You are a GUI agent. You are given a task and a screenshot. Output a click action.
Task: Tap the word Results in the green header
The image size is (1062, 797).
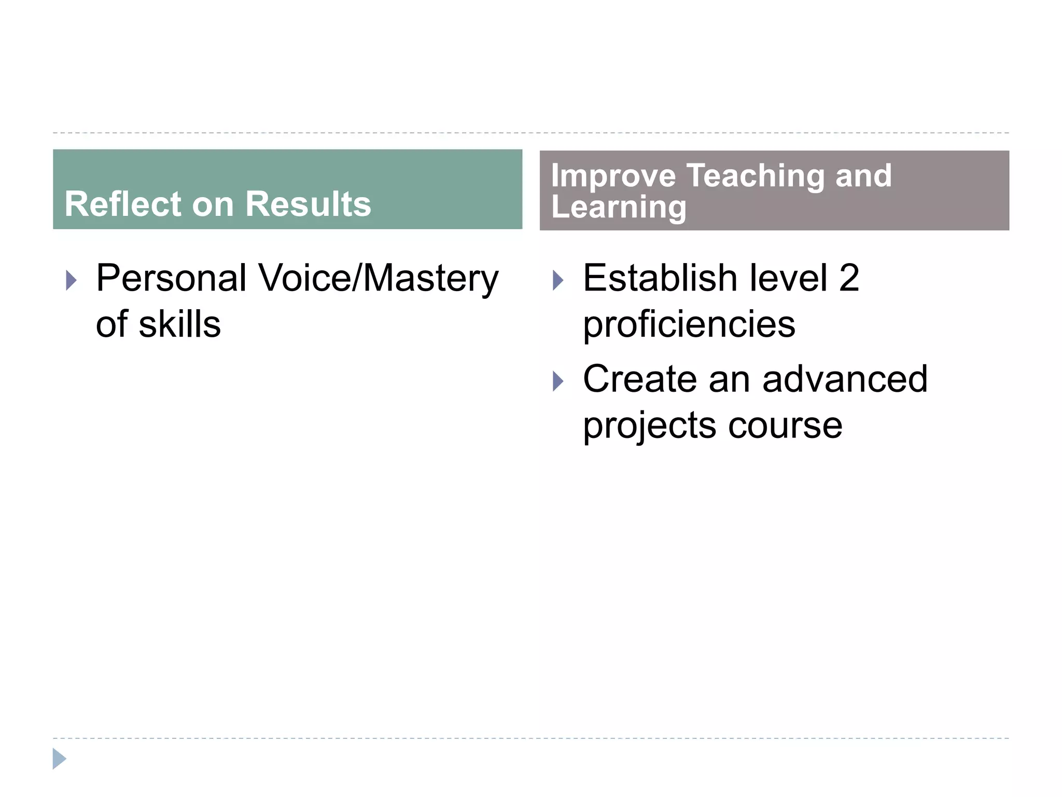point(308,204)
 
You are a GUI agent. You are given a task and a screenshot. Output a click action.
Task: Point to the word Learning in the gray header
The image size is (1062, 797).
point(619,208)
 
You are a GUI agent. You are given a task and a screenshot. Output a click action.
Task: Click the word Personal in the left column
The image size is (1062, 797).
point(171,279)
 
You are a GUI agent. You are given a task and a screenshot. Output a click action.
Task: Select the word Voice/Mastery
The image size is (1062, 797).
point(379,279)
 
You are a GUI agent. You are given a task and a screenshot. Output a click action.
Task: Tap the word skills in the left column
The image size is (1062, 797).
point(179,325)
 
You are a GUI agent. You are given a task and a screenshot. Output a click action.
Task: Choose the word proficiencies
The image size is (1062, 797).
point(689,325)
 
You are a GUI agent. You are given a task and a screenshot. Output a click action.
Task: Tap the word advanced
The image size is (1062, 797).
point(845,379)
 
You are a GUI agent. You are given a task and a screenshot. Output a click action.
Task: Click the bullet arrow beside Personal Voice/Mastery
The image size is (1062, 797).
point(72,281)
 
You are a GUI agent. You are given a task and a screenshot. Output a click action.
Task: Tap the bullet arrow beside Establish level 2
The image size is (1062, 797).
point(558,281)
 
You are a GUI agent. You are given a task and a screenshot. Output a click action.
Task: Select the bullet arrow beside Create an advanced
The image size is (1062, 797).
point(558,381)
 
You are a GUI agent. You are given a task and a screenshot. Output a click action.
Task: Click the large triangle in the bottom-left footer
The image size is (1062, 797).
point(59,759)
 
